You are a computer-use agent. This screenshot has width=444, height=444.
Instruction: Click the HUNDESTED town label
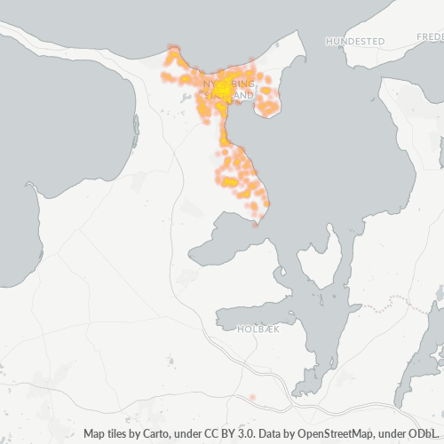click(355, 42)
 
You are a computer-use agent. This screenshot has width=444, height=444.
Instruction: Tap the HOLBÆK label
click(258, 329)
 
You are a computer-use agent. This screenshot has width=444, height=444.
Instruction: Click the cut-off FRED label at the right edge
click(429, 37)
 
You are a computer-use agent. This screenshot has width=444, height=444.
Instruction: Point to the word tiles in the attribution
click(120, 434)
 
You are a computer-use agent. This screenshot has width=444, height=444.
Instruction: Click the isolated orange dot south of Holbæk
click(253, 396)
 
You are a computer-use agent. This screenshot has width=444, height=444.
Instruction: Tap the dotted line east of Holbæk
click(391, 306)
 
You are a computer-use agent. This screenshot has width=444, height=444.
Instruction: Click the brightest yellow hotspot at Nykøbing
click(222, 89)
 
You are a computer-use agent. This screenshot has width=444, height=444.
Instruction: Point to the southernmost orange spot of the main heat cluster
click(257, 223)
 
